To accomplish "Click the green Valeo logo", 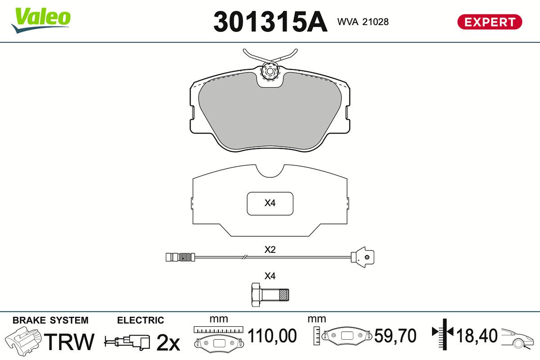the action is click(x=41, y=20).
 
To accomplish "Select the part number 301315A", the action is click(x=270, y=22).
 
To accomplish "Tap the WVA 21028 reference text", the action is click(x=363, y=22).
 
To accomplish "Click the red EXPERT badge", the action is click(x=490, y=22).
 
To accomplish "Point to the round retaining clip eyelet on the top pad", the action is click(x=270, y=71).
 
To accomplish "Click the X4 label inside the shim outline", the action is click(x=270, y=203).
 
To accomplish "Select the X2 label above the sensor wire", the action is click(x=270, y=250).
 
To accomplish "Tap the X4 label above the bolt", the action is click(x=270, y=276).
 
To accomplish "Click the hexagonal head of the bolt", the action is click(x=256, y=295).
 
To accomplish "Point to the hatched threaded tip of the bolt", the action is click(x=284, y=295).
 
